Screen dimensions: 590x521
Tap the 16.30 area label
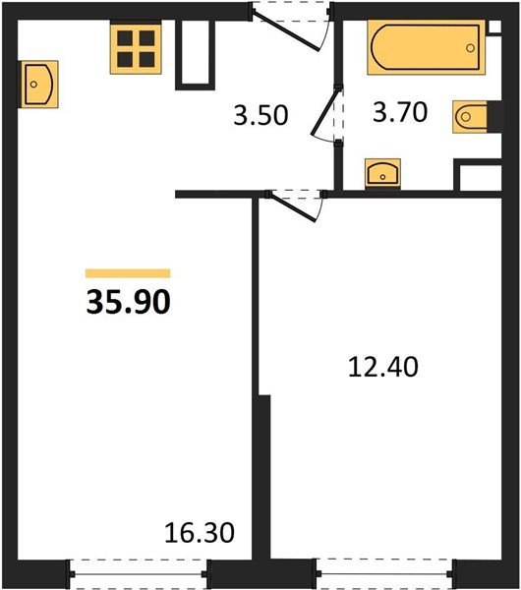(202, 535)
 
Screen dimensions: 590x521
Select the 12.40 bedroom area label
(383, 368)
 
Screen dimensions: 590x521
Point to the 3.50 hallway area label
(261, 115)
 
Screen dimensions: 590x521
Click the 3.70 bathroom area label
(399, 113)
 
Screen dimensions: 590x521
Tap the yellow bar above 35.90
(128, 273)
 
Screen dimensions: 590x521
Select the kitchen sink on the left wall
(38, 84)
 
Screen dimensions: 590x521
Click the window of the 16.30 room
(138, 569)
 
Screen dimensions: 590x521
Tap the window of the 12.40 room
(384, 569)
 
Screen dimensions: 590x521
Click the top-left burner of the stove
(125, 38)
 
